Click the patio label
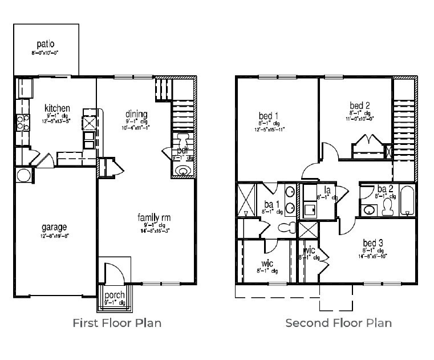(45, 43)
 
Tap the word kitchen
(57, 108)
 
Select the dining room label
(136, 114)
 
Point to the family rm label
(153, 217)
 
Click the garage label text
(54, 226)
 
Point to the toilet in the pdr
(182, 141)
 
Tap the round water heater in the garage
(23, 175)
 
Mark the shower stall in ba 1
(246, 200)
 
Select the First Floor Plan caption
(116, 323)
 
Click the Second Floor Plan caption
(338, 323)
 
